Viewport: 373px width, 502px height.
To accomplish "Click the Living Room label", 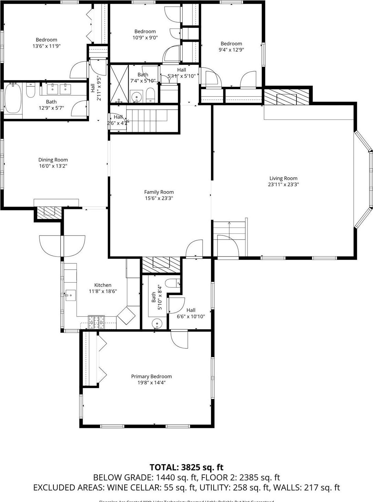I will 283,178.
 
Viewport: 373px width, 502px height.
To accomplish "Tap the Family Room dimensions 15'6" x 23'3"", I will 159,198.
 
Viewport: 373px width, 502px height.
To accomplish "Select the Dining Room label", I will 53,160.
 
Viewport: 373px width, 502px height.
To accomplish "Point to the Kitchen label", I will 103,285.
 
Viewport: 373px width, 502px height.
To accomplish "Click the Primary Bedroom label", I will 151,376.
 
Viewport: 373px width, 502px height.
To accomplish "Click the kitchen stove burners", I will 96,322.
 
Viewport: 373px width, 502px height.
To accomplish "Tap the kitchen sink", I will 71,295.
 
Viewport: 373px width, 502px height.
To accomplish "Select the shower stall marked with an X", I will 119,84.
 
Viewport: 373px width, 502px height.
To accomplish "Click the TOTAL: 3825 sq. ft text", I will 186,467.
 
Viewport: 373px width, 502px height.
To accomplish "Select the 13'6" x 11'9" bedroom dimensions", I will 47,46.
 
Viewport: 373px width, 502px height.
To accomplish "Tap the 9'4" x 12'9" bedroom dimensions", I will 231,50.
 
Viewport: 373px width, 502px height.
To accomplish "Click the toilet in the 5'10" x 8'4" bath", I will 173,283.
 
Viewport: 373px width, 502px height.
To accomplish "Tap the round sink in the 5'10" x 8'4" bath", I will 157,324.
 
